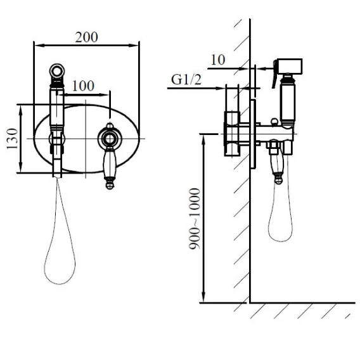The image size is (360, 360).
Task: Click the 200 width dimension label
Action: [86, 37]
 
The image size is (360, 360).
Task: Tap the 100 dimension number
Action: [83, 86]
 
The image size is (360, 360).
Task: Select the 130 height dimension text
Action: [12, 139]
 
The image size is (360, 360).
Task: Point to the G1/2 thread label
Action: [186, 80]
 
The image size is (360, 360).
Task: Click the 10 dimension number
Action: [217, 60]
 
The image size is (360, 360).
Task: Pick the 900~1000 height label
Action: [195, 219]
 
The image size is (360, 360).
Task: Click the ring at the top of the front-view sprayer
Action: [57, 70]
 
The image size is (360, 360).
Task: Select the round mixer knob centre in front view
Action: [110, 139]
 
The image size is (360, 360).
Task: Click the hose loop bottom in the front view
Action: [60, 283]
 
